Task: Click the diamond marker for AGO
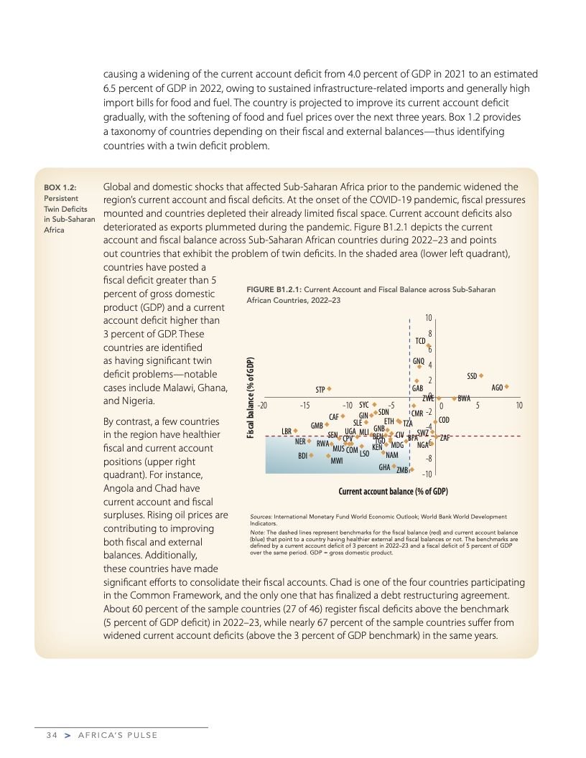click(507, 387)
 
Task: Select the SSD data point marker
click(482, 375)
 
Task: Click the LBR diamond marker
click(295, 431)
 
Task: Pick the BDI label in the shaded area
click(303, 455)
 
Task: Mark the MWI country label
click(335, 461)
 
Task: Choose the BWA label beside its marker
click(465, 398)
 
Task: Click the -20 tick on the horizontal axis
click(262, 406)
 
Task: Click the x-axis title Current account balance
click(393, 492)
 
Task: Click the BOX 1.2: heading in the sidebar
click(60, 187)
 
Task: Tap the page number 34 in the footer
click(50, 735)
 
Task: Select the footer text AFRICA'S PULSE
click(117, 735)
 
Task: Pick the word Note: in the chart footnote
click(258, 532)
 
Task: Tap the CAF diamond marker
click(343, 416)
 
